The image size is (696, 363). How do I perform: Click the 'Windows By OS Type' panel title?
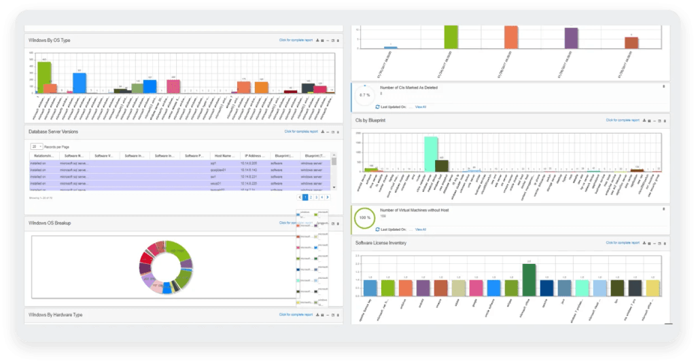tap(50, 41)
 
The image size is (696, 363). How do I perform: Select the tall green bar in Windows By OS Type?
tap(43, 77)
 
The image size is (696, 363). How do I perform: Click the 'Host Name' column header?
tap(222, 155)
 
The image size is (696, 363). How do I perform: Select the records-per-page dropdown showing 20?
tap(36, 146)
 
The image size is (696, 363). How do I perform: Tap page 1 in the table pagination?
tap(305, 197)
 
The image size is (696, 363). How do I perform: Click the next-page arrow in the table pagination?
tap(328, 197)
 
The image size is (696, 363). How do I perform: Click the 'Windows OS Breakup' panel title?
tap(50, 223)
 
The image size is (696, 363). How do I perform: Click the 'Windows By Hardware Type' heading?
tap(56, 315)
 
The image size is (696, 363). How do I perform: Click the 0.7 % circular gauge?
tap(364, 95)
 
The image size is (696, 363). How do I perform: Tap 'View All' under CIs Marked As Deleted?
tap(420, 107)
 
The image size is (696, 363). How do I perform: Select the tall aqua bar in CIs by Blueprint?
tap(430, 153)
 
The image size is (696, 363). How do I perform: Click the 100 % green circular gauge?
tap(364, 218)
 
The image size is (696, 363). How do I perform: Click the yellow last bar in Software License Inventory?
tap(652, 288)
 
